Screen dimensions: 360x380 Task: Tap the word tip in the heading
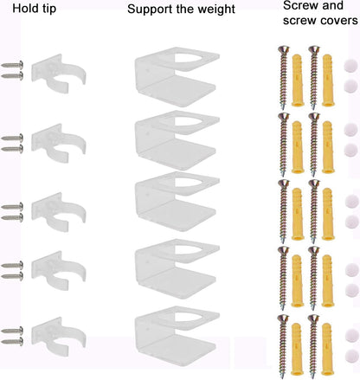48,9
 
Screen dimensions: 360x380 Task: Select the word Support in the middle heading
146,10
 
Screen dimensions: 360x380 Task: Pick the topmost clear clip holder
58,74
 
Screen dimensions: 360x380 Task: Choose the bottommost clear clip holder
58,337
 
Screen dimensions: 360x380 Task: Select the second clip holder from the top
58,143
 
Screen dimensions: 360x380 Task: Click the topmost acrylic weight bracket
177,77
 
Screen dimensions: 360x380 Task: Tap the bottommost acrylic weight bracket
177,336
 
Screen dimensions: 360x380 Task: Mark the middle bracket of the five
177,202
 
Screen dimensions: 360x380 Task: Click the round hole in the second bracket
188,122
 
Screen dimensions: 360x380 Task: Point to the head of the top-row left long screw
284,50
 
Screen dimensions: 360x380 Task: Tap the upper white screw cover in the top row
350,66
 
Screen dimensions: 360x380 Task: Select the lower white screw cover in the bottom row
352,356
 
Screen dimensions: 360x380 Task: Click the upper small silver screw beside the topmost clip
12,65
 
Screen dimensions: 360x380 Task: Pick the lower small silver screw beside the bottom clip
12,342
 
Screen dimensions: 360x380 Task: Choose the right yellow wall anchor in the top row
328,81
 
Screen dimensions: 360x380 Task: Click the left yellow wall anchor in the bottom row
297,349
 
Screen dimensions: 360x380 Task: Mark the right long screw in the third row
314,211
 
